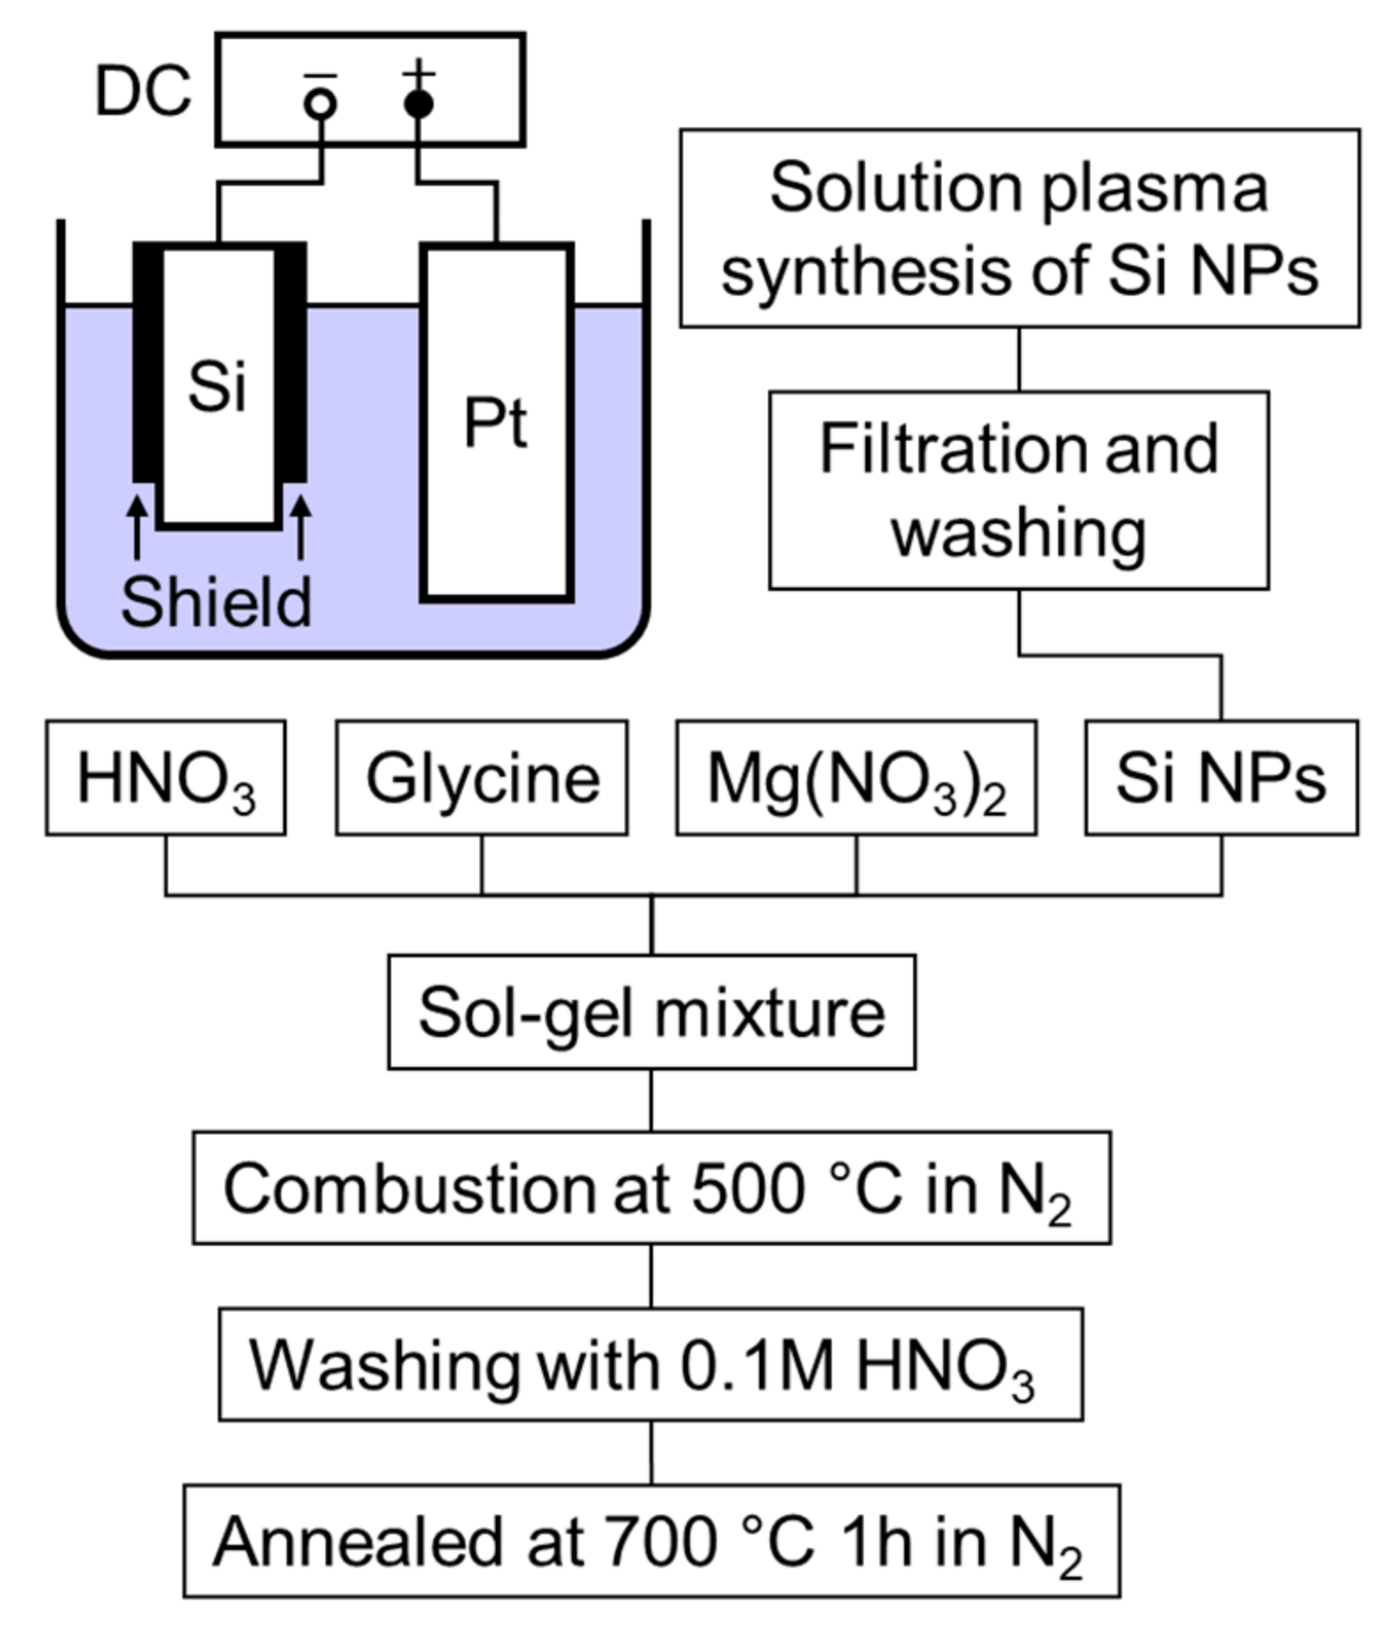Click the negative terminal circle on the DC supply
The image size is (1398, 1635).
click(x=320, y=104)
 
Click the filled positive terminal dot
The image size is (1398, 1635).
click(x=419, y=104)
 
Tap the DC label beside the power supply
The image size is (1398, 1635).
click(x=142, y=91)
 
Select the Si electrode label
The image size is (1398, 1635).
click(x=217, y=387)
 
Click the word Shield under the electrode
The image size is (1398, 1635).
click(x=217, y=603)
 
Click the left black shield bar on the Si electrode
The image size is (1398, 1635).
click(x=148, y=363)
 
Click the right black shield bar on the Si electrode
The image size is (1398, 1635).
click(x=290, y=363)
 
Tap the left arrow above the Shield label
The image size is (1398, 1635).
click(x=136, y=526)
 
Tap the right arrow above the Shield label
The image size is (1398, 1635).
click(x=301, y=526)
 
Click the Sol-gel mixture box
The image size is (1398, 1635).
click(x=651, y=1012)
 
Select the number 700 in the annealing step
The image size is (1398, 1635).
click(x=659, y=1542)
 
